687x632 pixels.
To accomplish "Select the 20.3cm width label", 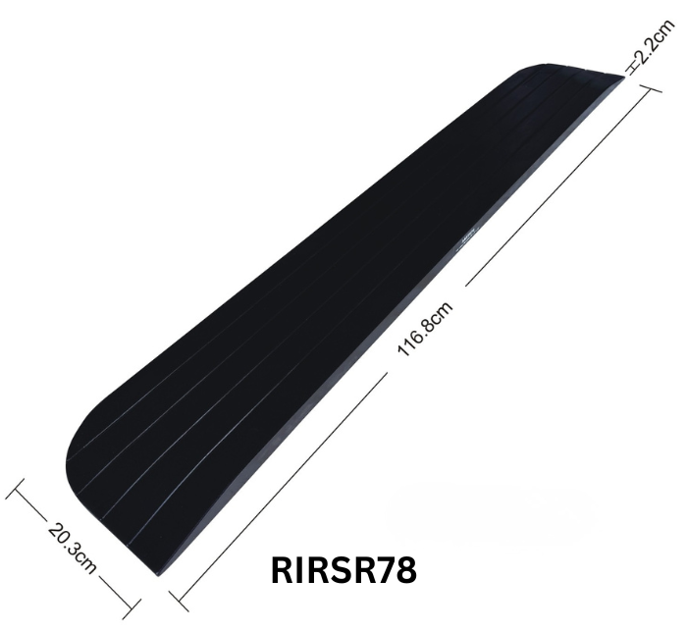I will click(71, 546).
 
